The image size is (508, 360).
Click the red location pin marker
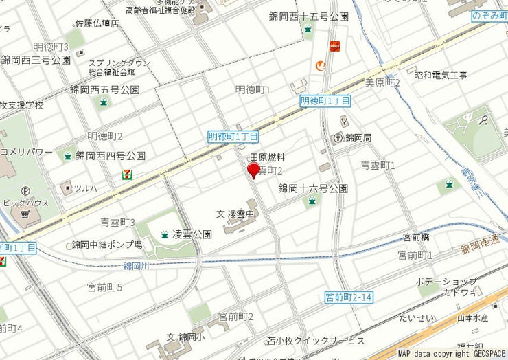(x=253, y=171)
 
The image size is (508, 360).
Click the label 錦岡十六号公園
(x=312, y=188)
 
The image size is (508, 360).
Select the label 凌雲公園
(x=192, y=234)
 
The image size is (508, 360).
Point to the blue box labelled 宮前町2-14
(x=349, y=297)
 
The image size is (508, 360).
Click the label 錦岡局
(x=358, y=138)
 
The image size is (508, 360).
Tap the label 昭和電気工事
(x=440, y=75)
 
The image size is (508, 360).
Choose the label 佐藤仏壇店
(x=97, y=24)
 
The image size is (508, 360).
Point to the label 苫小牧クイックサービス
(x=316, y=341)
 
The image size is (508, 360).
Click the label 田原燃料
(x=266, y=158)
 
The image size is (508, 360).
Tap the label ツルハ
(x=85, y=188)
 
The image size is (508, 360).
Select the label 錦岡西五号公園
(x=104, y=89)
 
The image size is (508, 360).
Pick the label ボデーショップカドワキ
(x=447, y=287)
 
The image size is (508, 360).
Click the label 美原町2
(x=382, y=83)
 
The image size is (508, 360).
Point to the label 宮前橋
(x=416, y=238)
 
